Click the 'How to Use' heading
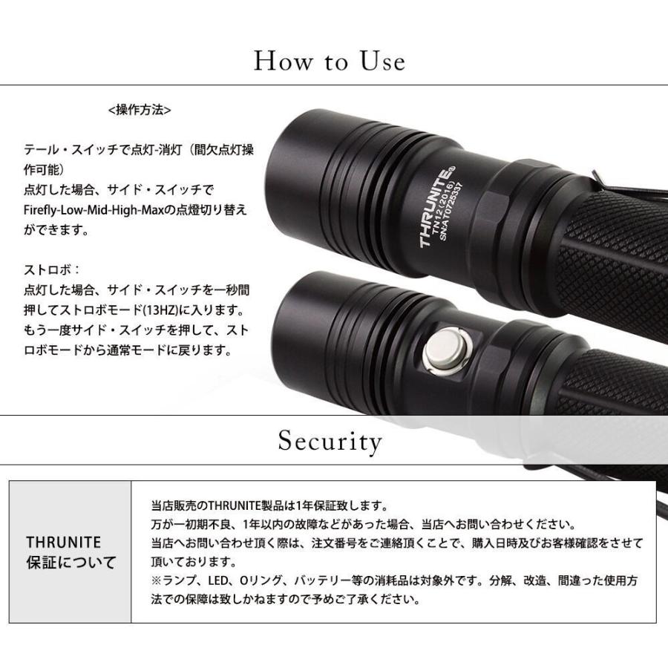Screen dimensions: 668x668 [x=330, y=60]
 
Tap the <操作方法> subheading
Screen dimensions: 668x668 [x=140, y=110]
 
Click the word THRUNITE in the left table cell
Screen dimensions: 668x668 [x=63, y=543]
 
